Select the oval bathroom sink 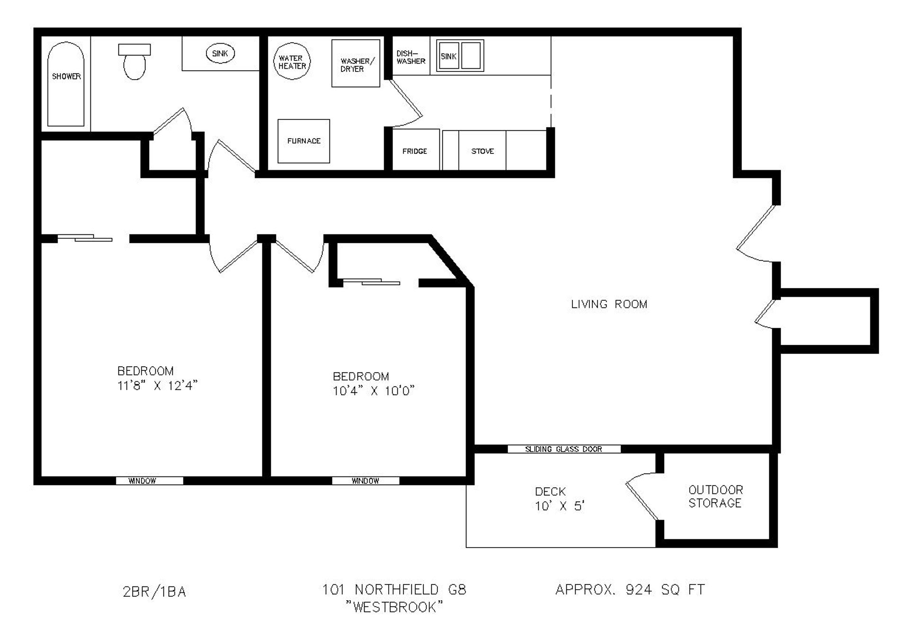220,54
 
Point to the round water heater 292,62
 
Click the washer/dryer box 356,63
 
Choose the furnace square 303,141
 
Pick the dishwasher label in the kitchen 410,57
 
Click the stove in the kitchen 482,151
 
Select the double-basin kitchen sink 460,56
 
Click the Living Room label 609,304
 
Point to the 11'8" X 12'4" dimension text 157,386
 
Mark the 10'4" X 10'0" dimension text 374,391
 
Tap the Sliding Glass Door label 563,449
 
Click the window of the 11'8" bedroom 150,481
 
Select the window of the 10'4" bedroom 365,481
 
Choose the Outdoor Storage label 715,496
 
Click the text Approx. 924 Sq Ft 630,590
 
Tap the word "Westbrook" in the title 394,607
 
